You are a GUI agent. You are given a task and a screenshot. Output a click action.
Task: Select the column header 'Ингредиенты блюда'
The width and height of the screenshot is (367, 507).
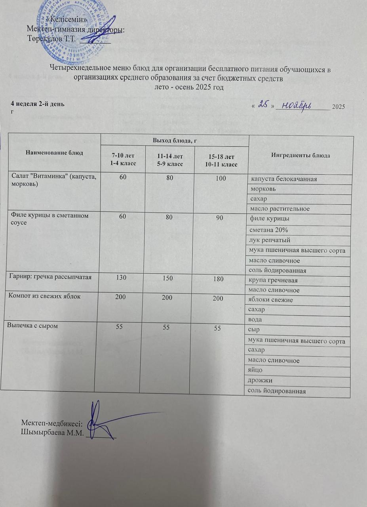click(x=300, y=155)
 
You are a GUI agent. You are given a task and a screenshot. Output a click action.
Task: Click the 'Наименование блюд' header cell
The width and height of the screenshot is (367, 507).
click(x=55, y=153)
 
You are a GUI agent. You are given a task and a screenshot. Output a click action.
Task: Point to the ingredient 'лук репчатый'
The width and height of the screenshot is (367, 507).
click(x=268, y=240)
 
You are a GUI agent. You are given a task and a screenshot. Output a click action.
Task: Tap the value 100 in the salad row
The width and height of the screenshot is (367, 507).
click(x=221, y=178)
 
